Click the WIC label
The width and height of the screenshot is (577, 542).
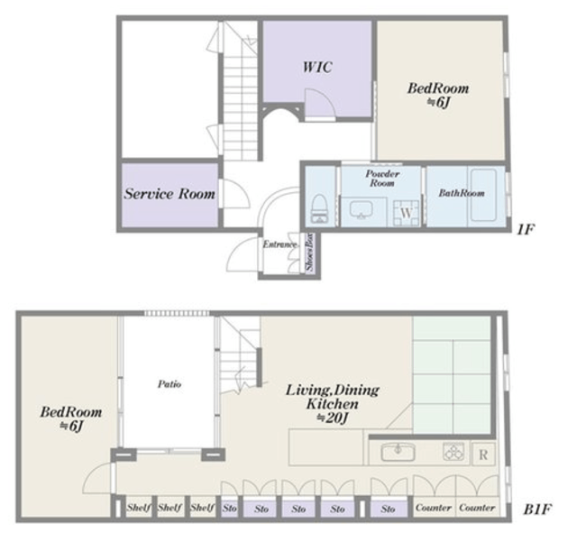pyautogui.click(x=317, y=67)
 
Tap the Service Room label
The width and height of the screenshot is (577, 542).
pyautogui.click(x=169, y=194)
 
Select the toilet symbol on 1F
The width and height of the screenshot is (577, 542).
pyautogui.click(x=319, y=208)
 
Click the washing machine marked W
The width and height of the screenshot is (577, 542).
pyautogui.click(x=407, y=213)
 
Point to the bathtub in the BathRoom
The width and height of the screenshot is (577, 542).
pyautogui.click(x=483, y=195)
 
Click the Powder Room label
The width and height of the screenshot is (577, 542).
pyautogui.click(x=382, y=179)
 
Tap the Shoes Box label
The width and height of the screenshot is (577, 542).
pyautogui.click(x=310, y=252)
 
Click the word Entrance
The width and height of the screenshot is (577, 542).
pyautogui.click(x=279, y=244)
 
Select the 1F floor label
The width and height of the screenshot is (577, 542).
pyautogui.click(x=525, y=229)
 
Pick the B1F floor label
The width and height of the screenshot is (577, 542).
pyautogui.click(x=537, y=510)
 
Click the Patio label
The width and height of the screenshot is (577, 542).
pyautogui.click(x=169, y=384)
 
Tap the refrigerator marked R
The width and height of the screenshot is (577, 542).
pyautogui.click(x=483, y=455)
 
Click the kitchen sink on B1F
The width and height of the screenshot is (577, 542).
pyautogui.click(x=398, y=452)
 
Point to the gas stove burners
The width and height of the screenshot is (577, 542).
pyautogui.click(x=453, y=452)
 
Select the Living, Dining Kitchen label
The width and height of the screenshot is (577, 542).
pyautogui.click(x=333, y=397)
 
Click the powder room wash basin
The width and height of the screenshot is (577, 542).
pyautogui.click(x=361, y=210)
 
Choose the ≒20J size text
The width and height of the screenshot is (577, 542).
pyautogui.click(x=333, y=418)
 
